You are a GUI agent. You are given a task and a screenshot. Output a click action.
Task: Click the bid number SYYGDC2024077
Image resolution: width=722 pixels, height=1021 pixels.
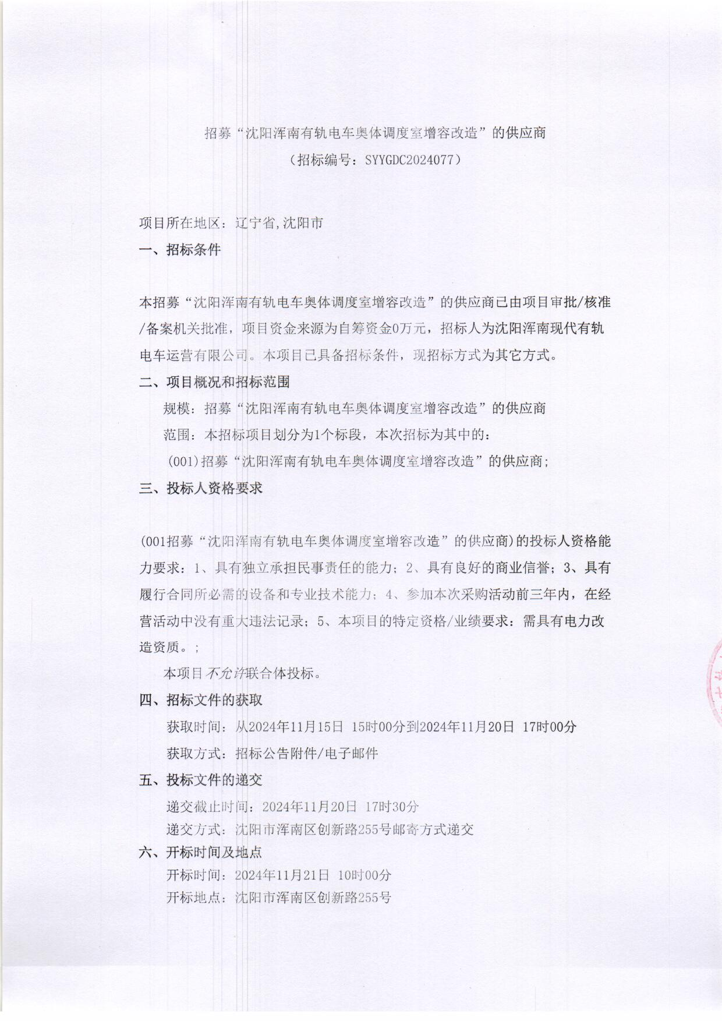[x=409, y=160]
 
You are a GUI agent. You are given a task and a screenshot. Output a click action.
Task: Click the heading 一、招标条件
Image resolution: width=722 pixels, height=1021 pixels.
[x=180, y=250]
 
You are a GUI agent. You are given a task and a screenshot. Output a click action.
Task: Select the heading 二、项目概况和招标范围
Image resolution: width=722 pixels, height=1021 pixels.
[x=214, y=382]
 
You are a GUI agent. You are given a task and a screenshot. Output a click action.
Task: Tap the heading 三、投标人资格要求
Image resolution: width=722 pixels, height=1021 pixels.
[x=201, y=488]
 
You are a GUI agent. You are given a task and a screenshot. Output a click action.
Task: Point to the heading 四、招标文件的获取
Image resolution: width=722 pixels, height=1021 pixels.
[x=201, y=699]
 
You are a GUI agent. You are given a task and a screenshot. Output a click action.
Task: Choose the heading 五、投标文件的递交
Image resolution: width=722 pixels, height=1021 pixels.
[x=201, y=780]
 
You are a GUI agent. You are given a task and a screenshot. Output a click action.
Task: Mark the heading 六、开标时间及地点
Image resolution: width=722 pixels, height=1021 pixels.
[x=201, y=852]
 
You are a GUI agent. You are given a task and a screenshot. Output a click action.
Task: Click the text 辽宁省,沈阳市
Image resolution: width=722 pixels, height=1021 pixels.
[x=279, y=223]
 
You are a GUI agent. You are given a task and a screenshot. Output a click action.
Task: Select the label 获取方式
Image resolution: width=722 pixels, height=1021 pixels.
[x=194, y=754]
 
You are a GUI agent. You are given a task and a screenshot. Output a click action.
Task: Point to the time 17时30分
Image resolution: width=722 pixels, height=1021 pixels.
[x=392, y=807]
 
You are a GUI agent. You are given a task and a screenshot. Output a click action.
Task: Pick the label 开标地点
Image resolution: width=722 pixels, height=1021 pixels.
[x=194, y=898]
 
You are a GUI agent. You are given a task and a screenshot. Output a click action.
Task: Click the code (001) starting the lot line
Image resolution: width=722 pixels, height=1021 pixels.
[x=183, y=462]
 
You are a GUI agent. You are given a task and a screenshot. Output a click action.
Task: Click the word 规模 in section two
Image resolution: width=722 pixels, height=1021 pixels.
[x=176, y=408]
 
